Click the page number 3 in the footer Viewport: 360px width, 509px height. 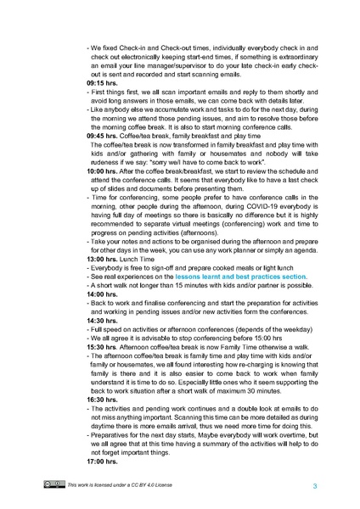(x=315, y=485)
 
